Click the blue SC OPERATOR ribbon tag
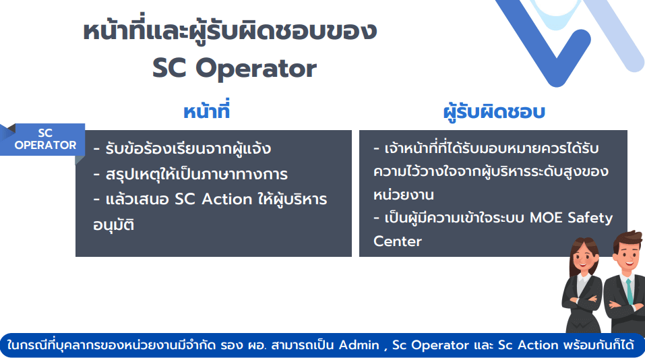click(42, 140)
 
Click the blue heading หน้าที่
click(206, 111)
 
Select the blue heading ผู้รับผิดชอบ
click(494, 112)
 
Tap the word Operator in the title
click(256, 69)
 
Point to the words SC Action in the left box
click(214, 199)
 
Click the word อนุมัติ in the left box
click(113, 224)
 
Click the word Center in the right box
click(398, 241)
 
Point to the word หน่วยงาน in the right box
click(404, 194)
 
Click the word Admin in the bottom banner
click(359, 344)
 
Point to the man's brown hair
click(627, 241)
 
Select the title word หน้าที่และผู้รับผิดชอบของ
click(230, 31)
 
